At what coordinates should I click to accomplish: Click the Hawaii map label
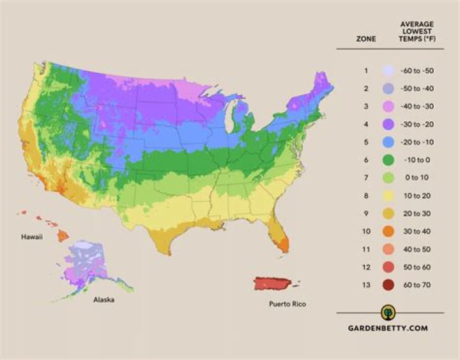click(33, 237)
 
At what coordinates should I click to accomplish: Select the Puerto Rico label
click(286, 304)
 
